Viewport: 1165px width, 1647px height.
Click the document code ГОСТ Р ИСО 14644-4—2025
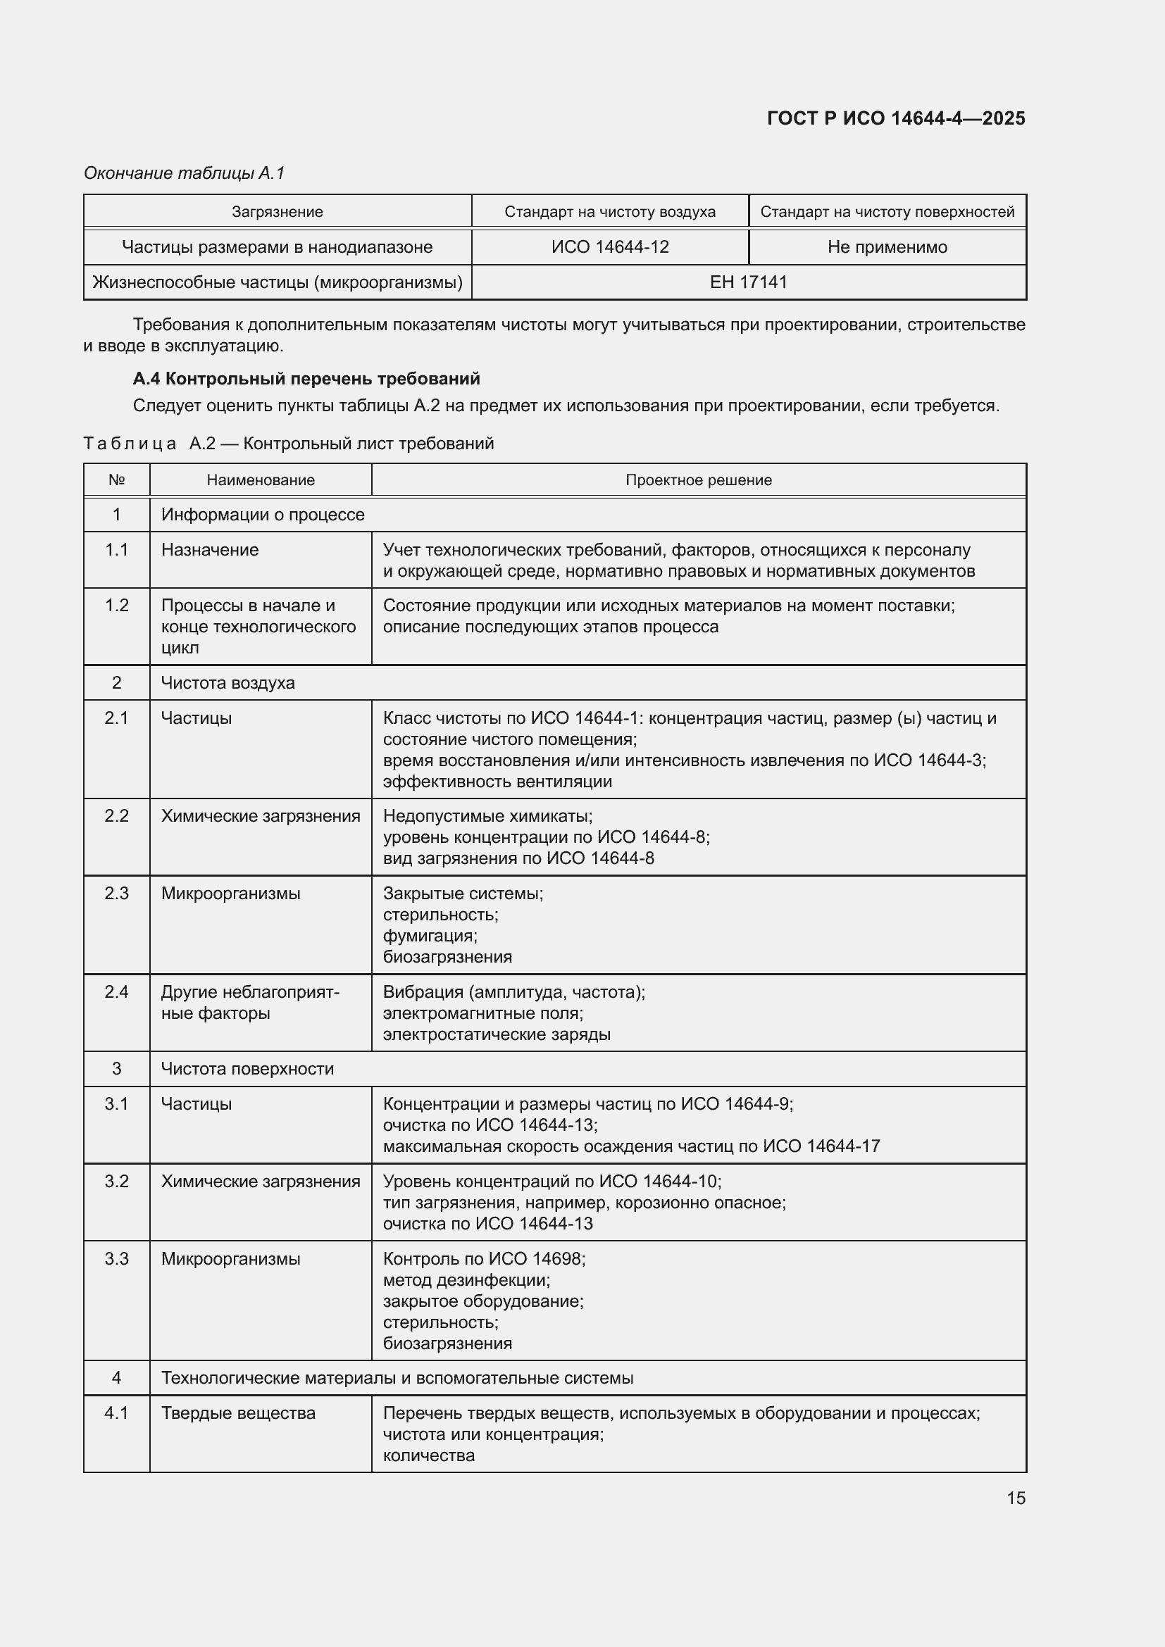(895, 118)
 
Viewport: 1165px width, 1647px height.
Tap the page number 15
(1015, 1498)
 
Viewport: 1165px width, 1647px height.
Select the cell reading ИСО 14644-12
(610, 246)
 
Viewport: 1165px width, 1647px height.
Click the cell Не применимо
(887, 246)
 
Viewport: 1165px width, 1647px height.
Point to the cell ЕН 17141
(748, 282)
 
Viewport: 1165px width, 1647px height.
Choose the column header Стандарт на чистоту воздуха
(610, 212)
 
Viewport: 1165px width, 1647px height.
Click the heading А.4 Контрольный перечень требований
(306, 378)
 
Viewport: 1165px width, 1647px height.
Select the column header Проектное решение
(698, 480)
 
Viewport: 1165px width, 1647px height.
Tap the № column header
(116, 480)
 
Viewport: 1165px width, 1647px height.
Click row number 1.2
(116, 606)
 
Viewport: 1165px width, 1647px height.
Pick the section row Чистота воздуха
(228, 682)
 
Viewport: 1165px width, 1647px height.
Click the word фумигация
(430, 935)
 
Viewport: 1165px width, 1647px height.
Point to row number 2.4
(116, 992)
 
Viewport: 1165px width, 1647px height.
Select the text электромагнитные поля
(482, 1013)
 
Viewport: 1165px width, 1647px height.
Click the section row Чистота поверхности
(247, 1069)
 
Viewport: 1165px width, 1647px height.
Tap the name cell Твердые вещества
(238, 1413)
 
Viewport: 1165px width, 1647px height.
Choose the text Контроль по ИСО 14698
(483, 1259)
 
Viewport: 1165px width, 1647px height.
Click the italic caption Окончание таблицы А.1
(185, 173)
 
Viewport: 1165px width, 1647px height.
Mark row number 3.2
(116, 1182)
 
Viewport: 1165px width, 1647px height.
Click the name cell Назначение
(209, 549)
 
